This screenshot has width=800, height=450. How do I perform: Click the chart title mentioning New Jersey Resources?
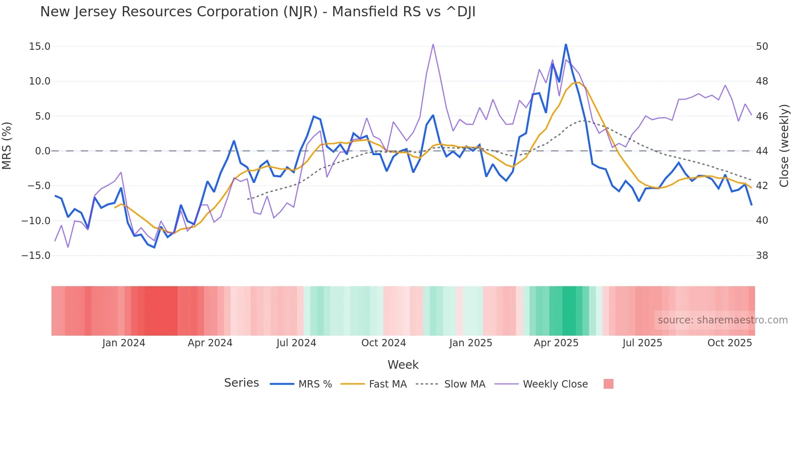coord(258,12)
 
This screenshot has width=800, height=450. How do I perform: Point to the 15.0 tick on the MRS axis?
coord(40,47)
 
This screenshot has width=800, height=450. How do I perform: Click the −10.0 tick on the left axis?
coord(36,221)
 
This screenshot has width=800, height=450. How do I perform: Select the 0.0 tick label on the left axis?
coord(42,151)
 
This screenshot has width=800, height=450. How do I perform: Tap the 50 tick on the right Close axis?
coord(762,47)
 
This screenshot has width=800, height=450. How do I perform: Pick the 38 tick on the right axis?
coord(762,256)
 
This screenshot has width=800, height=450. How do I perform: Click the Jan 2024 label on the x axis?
coord(124,343)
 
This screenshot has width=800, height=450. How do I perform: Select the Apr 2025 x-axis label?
coord(556,343)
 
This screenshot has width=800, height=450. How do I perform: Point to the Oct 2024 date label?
coord(383,343)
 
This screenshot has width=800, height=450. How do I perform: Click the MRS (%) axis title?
coord(7,145)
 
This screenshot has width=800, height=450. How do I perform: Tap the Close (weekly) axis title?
coord(784,145)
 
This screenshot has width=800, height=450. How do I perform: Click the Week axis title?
coord(403,365)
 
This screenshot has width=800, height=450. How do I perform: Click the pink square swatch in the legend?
coord(608,384)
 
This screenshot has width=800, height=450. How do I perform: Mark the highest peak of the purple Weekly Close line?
coord(433,45)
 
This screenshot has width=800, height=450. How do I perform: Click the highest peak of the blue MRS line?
coord(566,44)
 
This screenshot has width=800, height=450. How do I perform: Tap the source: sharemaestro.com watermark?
coord(722,320)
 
